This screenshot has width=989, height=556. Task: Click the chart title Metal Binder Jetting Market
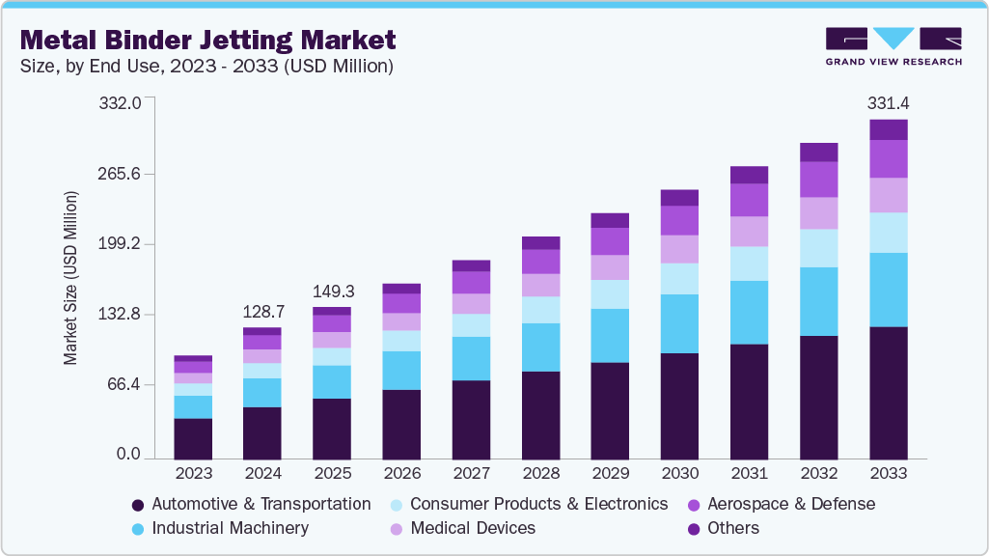[207, 40]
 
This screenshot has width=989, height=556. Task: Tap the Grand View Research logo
[893, 45]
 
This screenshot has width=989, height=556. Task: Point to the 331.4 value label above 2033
[889, 102]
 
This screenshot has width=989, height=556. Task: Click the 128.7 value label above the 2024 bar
[262, 312]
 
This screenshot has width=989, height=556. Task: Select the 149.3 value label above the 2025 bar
[332, 292]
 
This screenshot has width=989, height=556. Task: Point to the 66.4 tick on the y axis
[124, 384]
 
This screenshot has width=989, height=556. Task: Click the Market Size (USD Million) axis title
[70, 278]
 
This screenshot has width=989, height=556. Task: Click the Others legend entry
[732, 528]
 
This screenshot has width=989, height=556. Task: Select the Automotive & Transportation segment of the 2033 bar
[889, 393]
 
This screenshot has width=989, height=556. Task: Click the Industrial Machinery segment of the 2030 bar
[679, 323]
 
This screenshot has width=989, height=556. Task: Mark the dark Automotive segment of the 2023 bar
[193, 438]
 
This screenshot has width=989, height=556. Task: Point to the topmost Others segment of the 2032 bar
[818, 152]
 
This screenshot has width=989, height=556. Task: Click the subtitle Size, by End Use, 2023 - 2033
[206, 67]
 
